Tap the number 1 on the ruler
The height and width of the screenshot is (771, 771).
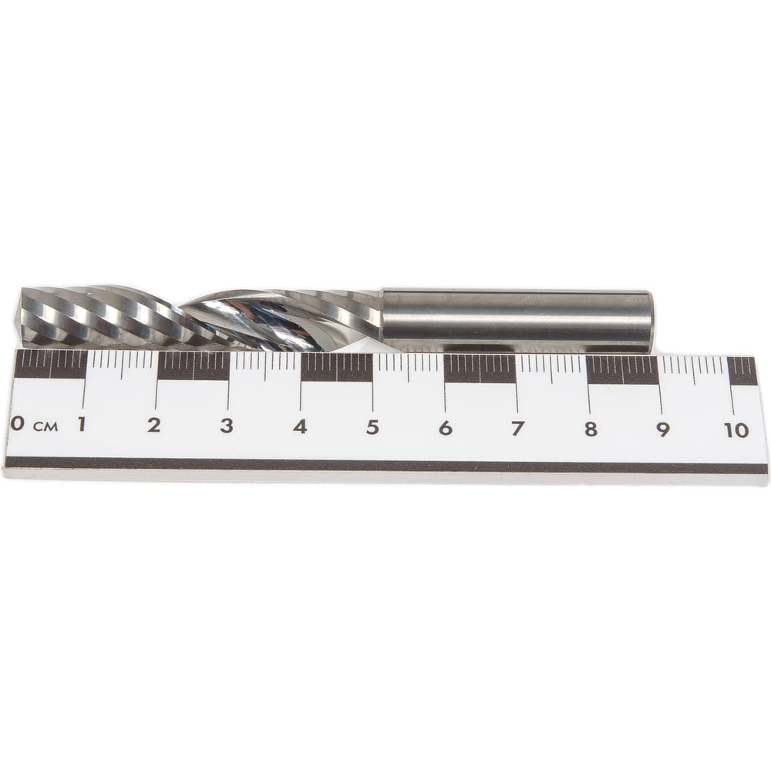[81, 423]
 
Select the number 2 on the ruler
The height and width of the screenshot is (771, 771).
[154, 425]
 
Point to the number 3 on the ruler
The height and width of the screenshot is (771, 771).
[226, 426]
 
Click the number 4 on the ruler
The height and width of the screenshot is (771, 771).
[300, 426]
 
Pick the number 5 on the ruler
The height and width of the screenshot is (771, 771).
[372, 427]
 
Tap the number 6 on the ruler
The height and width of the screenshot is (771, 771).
[445, 428]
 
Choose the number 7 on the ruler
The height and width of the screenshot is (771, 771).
[517, 429]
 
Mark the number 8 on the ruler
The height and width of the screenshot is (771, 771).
[591, 429]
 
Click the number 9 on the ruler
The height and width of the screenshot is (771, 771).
[663, 430]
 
